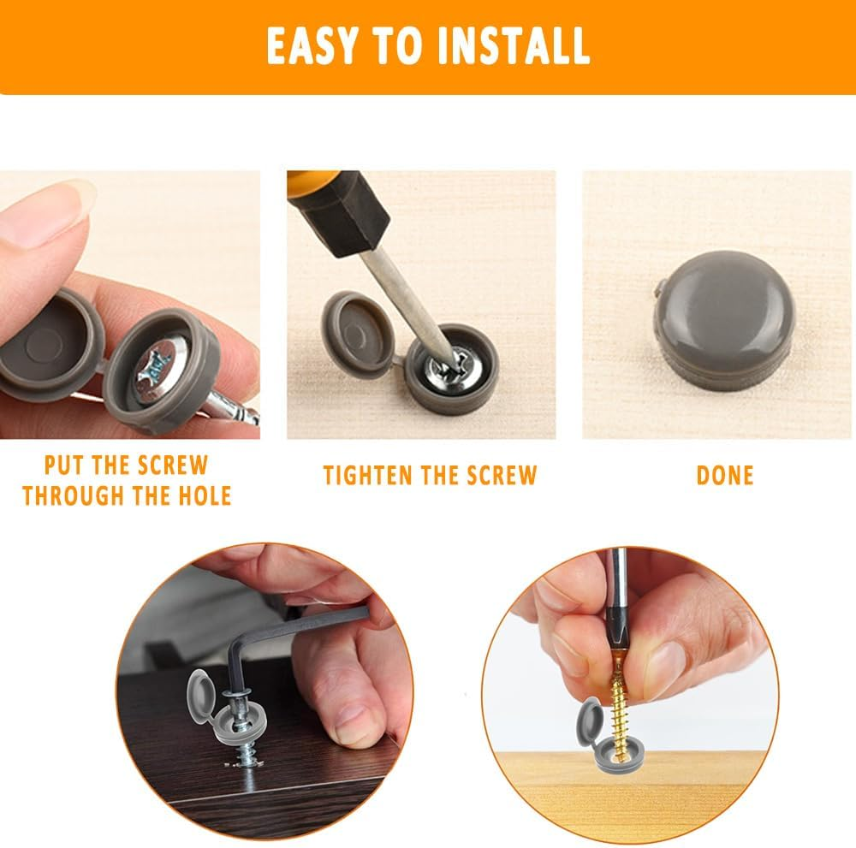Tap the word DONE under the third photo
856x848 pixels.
click(725, 475)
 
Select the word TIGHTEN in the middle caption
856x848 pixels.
click(368, 475)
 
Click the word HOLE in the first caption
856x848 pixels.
click(205, 496)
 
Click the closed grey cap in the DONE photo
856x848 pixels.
click(722, 319)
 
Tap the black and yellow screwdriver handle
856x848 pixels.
click(337, 211)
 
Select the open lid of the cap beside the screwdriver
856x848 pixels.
click(357, 335)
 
